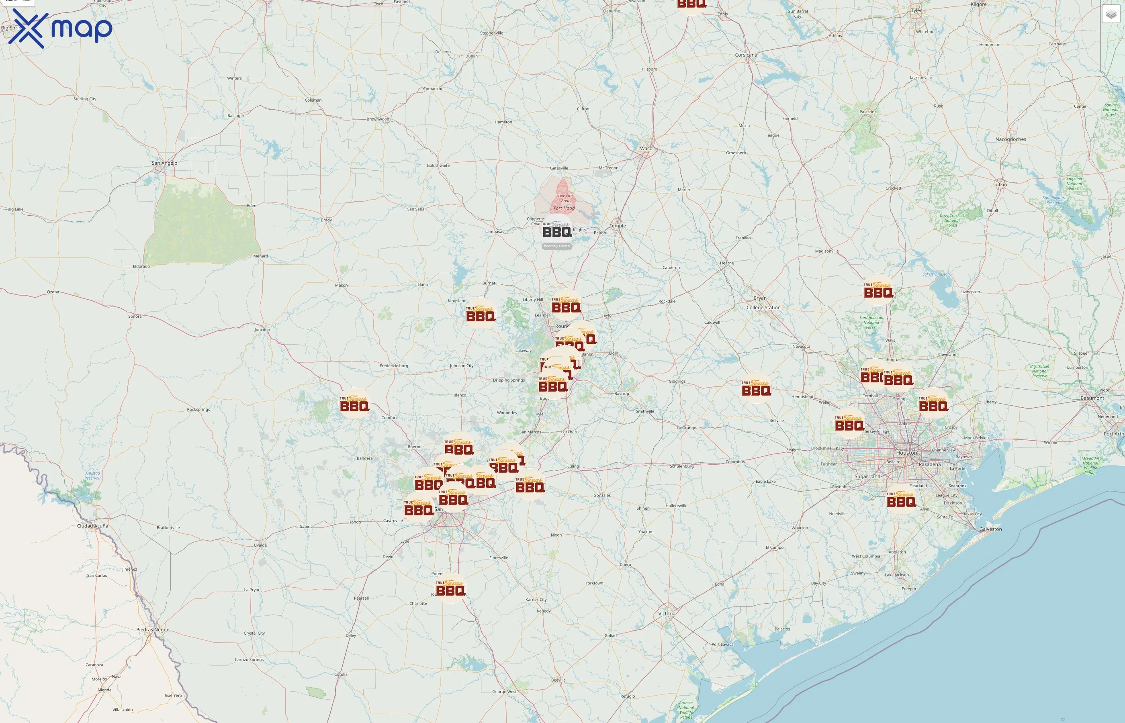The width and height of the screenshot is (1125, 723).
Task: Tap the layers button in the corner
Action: click(x=1111, y=14)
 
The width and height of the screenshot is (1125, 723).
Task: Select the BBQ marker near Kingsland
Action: click(x=480, y=314)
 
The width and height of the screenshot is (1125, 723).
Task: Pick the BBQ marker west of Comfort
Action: click(x=354, y=404)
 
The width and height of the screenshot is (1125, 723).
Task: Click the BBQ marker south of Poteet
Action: click(x=450, y=588)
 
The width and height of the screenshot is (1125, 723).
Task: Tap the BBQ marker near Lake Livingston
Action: click(x=878, y=290)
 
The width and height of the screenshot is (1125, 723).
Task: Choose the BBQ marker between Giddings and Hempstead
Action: click(x=756, y=388)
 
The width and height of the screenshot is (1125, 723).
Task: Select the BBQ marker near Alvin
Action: click(x=901, y=500)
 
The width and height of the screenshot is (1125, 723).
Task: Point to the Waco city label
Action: click(x=646, y=148)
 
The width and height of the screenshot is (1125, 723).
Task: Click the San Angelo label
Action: click(x=164, y=163)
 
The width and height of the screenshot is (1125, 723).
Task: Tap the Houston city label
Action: click(x=906, y=453)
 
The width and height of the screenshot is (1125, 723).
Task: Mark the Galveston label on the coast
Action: click(x=990, y=529)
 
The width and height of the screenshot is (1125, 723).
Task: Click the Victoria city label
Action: click(x=667, y=614)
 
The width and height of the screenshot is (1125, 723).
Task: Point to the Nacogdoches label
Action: click(x=1010, y=139)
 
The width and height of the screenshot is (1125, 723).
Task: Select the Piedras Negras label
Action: click(x=153, y=629)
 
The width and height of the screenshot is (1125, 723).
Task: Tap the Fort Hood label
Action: click(x=564, y=208)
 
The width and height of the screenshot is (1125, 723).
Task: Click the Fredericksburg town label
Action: click(x=393, y=366)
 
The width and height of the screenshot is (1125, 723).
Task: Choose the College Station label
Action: click(x=763, y=308)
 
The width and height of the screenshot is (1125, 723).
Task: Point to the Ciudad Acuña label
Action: click(x=92, y=526)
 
